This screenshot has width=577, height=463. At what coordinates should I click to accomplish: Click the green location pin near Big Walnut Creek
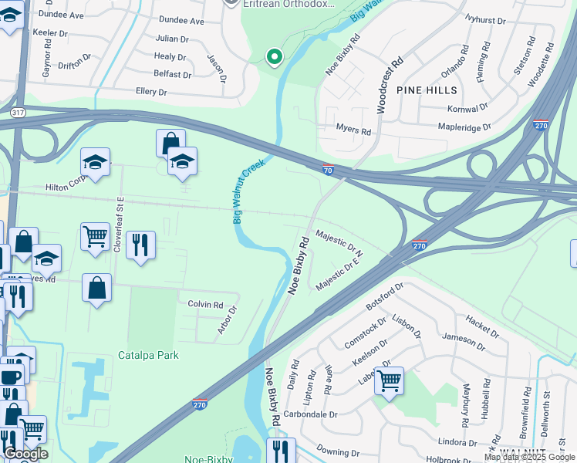click(x=273, y=56)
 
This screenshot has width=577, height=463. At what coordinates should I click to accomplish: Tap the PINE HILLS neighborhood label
click(x=421, y=90)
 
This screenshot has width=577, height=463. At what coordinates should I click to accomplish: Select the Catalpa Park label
click(x=148, y=355)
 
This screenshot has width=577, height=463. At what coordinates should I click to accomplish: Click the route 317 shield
click(x=17, y=113)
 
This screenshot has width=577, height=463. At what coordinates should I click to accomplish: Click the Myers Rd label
click(x=353, y=130)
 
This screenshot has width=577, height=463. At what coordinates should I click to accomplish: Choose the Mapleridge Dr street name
click(x=464, y=127)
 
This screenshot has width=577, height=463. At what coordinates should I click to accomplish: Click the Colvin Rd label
click(x=205, y=305)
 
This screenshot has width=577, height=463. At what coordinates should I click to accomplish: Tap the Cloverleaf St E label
click(x=120, y=215)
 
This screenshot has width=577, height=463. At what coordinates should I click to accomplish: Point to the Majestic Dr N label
click(x=340, y=242)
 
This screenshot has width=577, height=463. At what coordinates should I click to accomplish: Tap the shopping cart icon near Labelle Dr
click(x=389, y=380)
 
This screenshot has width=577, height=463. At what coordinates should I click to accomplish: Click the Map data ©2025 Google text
click(x=528, y=457)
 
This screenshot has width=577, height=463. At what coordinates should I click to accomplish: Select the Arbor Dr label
click(x=226, y=319)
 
